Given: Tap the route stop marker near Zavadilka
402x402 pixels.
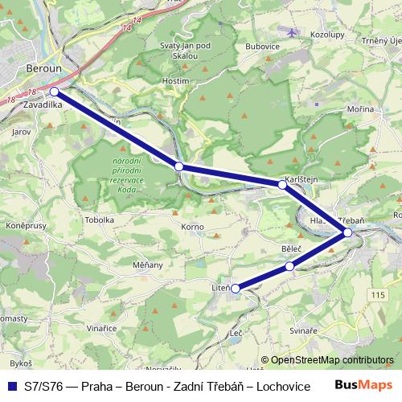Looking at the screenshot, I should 54,92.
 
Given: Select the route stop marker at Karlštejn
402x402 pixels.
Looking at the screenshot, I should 282,185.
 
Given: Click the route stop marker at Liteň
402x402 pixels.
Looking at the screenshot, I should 236,288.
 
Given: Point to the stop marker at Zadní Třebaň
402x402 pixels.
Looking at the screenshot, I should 347,232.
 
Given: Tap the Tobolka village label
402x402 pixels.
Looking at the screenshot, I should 100,219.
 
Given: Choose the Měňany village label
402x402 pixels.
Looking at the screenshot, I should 148,265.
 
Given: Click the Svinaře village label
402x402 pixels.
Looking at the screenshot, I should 303,330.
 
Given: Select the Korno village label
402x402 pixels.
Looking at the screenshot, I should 192,228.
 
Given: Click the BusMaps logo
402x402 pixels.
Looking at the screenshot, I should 363,384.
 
